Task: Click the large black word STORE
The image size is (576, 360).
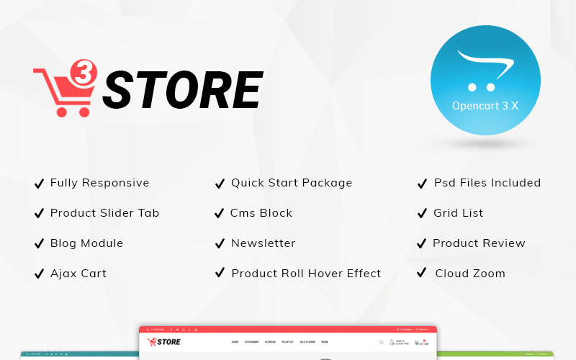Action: point(181,91)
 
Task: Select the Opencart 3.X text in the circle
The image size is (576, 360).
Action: point(485,105)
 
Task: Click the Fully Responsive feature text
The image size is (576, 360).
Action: point(99,183)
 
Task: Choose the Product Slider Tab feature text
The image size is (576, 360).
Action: point(104,213)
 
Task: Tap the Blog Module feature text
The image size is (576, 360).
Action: point(86,243)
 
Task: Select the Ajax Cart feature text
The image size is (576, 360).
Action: point(78,274)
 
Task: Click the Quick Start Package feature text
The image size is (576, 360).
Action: point(292,183)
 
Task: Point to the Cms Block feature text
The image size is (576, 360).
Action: point(261,213)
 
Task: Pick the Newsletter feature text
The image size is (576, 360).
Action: point(263,243)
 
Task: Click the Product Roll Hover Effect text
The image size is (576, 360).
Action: point(306,274)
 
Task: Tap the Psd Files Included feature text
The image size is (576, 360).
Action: point(487,183)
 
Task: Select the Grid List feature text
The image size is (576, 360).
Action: point(458,213)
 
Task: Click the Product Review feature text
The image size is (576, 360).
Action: point(479,243)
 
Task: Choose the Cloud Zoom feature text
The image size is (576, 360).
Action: point(470,274)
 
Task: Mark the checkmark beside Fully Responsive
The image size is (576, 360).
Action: point(39,184)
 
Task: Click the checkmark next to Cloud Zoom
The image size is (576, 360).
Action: point(422,274)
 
